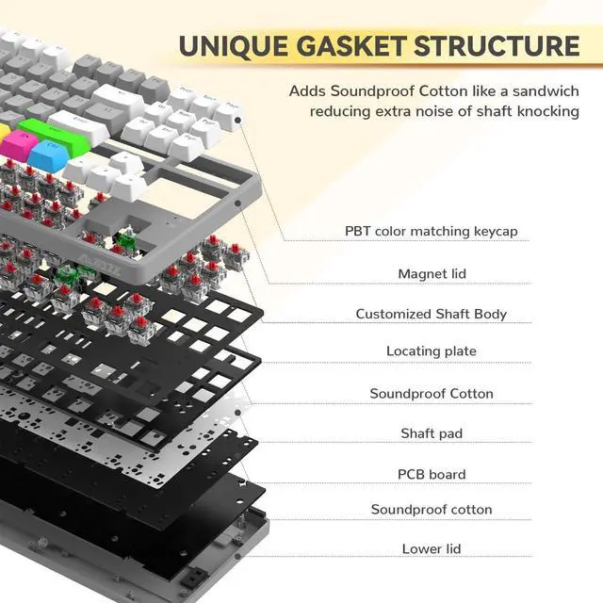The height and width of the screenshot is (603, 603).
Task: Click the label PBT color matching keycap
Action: [x=431, y=230]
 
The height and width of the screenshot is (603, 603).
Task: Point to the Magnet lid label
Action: [x=432, y=273]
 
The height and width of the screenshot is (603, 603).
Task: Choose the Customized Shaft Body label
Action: [x=431, y=314]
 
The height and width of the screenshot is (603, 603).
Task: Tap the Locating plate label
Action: [x=431, y=350]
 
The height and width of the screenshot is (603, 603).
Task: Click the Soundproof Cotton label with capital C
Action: [x=431, y=393]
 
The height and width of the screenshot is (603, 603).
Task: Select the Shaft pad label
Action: [x=431, y=433]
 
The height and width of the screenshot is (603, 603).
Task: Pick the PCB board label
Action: [x=431, y=474]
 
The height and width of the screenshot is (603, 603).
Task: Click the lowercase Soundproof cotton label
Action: [x=431, y=510]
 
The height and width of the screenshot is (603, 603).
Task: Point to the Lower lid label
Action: [x=431, y=547]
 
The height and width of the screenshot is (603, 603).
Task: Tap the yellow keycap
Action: [x=4, y=131]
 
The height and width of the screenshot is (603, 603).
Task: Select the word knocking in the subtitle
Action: [x=547, y=111]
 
